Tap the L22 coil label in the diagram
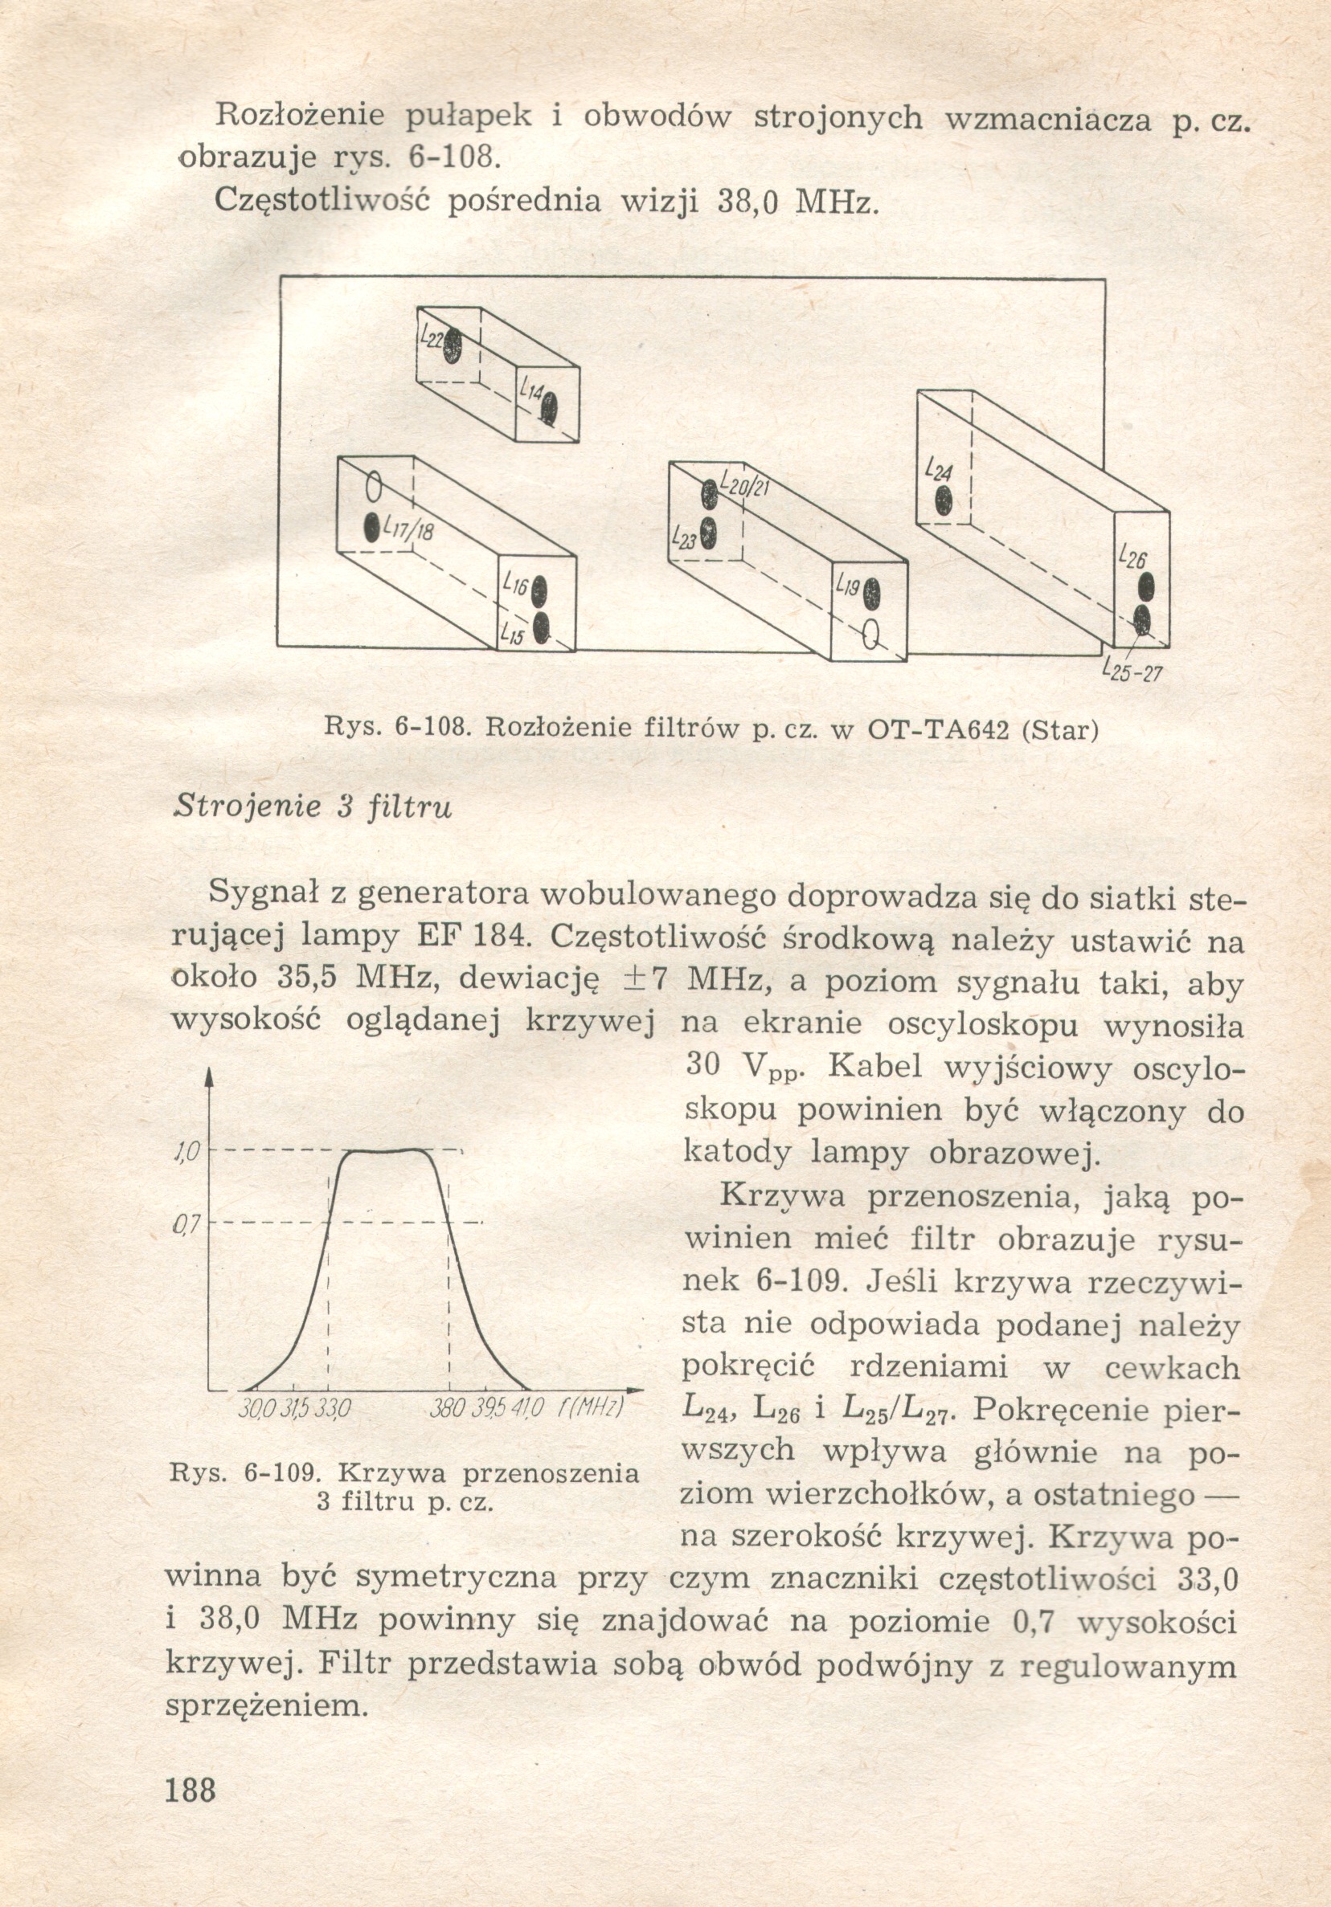click(430, 338)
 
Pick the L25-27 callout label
click(1130, 669)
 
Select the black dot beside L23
click(708, 533)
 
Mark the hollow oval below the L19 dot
click(870, 635)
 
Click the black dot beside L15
click(542, 628)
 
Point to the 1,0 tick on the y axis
click(184, 1151)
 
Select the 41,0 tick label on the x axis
click(527, 1410)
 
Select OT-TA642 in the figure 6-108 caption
click(939, 730)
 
